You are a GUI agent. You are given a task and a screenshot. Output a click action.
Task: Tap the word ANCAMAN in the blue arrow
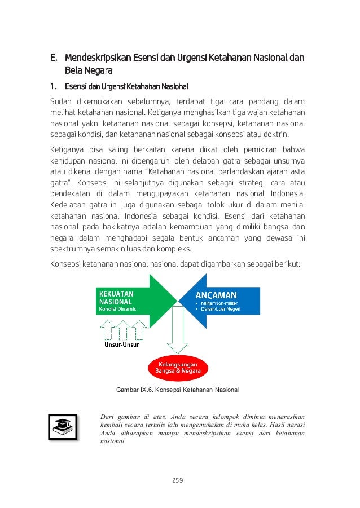tap(216, 295)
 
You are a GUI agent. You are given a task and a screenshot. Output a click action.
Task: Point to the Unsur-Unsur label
tap(122, 344)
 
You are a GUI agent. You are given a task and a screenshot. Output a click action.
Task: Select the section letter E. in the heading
tap(54, 58)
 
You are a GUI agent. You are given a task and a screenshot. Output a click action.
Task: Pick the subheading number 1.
tap(54, 87)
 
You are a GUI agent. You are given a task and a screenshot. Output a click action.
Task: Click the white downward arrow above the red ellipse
tap(176, 338)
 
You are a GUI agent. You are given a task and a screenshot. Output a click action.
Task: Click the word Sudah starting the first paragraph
tap(62, 101)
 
